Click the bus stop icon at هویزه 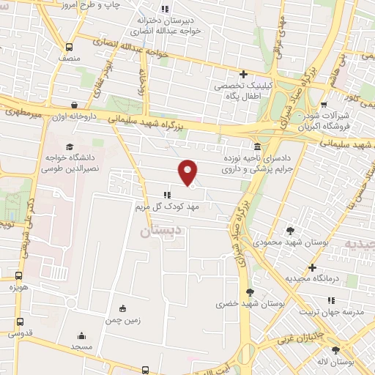[x=18, y=275]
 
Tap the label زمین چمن [x=122, y=321]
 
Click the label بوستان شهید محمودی [x=290, y=240]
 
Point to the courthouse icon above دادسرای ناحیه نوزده [x=256, y=146]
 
